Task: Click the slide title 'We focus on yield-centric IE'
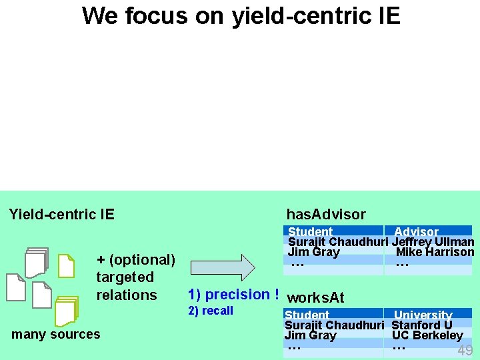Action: point(241,15)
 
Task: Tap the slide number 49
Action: point(465,351)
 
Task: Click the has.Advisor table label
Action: point(325,214)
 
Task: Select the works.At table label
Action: point(315,297)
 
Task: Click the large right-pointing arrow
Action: point(223,267)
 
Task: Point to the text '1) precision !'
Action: point(233,294)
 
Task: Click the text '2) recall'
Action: point(211,311)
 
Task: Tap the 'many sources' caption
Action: point(56,334)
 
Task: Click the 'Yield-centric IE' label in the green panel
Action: point(61,214)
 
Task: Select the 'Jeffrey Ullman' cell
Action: point(433,242)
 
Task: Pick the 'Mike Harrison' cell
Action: point(435,252)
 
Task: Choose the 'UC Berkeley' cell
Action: point(427,335)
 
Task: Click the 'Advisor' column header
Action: point(416,232)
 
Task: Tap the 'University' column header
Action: point(423,315)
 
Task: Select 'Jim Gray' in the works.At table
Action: point(310,335)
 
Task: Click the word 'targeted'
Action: point(125,277)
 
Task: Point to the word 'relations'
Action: point(126,295)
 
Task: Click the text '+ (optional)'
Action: point(135,260)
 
